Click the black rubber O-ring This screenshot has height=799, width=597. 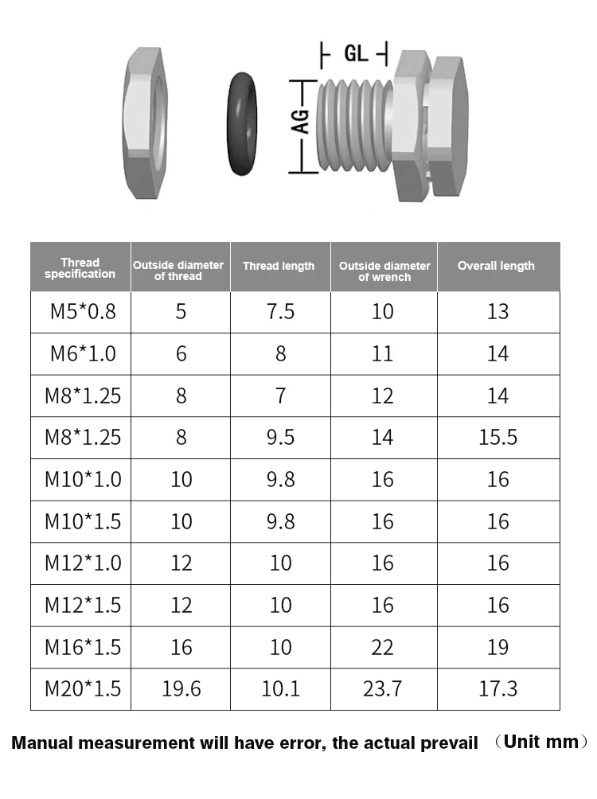coord(230,124)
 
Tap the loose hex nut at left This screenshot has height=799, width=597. coord(145,123)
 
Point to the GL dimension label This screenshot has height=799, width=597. coord(356,53)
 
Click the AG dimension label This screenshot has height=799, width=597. coord(302,122)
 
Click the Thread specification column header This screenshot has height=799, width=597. coord(80,268)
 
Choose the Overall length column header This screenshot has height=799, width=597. coord(496,266)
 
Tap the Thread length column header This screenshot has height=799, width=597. coord(279,266)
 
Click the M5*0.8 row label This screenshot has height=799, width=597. coord(83,311)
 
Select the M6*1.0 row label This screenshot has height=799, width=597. coord(83,353)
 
